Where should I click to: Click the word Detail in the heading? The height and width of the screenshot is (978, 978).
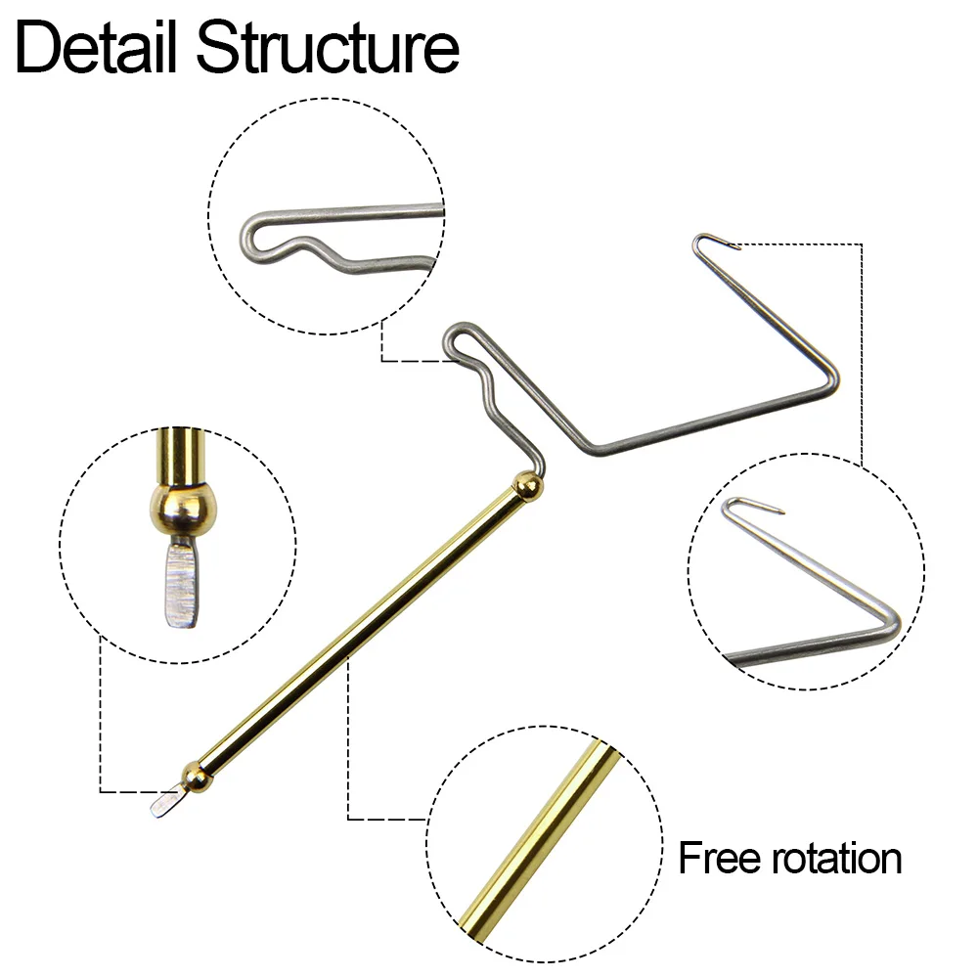(97, 47)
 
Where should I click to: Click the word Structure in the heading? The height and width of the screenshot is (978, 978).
(328, 47)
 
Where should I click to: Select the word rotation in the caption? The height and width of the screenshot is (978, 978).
(837, 859)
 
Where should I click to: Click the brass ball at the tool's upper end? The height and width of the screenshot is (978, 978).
(527, 486)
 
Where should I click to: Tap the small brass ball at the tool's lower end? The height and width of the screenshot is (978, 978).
(197, 777)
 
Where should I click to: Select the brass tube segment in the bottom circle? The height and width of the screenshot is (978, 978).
(540, 836)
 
